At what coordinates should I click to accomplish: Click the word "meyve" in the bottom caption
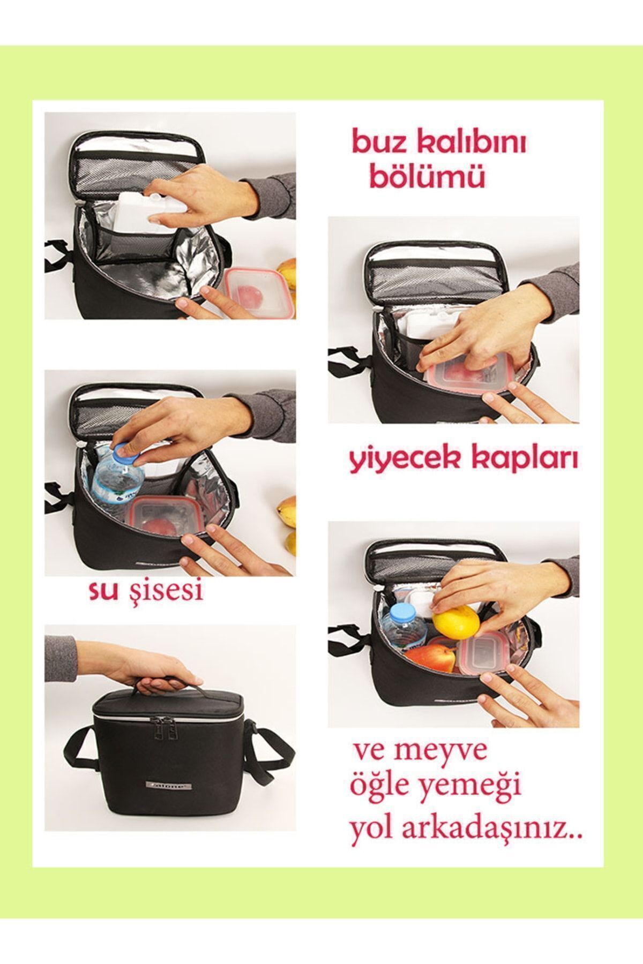(451, 751)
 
